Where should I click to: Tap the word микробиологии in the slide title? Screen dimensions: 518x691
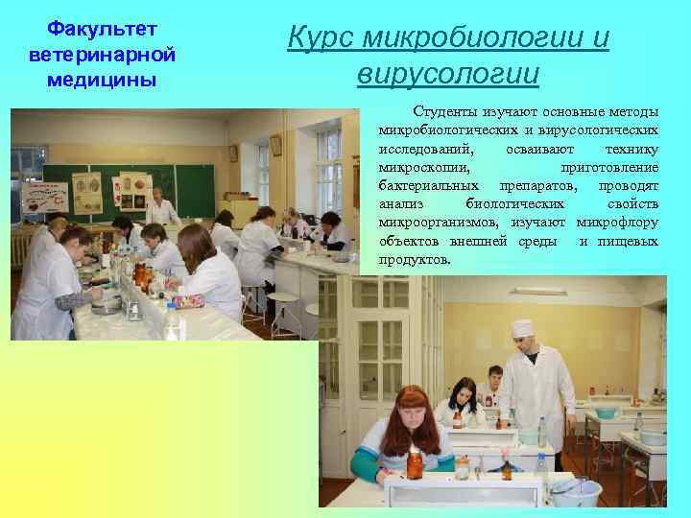(x=487, y=37)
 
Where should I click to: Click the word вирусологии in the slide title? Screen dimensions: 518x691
(x=447, y=73)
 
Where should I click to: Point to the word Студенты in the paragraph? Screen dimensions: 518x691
(x=446, y=111)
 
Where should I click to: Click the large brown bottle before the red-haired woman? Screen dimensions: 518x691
(x=415, y=464)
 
